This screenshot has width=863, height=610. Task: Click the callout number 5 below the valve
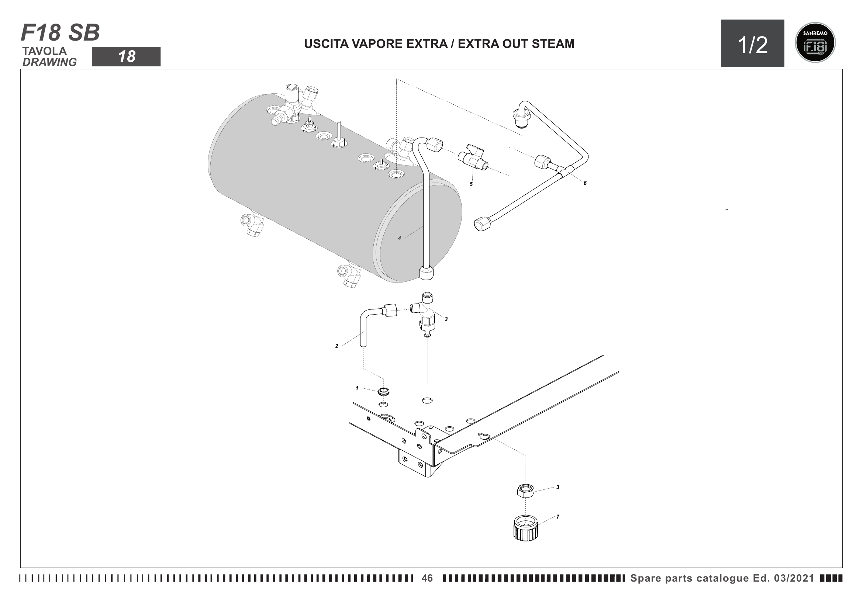pyautogui.click(x=471, y=184)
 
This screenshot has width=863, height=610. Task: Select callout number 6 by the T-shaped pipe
pyautogui.click(x=585, y=183)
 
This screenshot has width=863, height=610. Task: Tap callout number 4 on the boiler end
pyautogui.click(x=400, y=238)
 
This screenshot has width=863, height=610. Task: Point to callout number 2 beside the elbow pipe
pyautogui.click(x=336, y=346)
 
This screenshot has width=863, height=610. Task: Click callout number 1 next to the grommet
pyautogui.click(x=357, y=388)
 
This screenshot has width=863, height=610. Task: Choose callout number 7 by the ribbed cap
pyautogui.click(x=558, y=517)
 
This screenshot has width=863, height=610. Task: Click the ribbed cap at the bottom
pyautogui.click(x=525, y=528)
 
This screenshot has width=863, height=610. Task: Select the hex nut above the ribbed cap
pyautogui.click(x=525, y=491)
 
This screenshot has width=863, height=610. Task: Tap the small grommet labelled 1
pyautogui.click(x=383, y=392)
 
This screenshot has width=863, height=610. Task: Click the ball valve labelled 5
pyautogui.click(x=473, y=158)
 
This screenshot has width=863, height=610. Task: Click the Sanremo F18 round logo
pyautogui.click(x=815, y=42)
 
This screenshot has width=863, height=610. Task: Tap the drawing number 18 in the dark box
pyautogui.click(x=127, y=57)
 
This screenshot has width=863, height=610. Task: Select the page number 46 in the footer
pyautogui.click(x=427, y=578)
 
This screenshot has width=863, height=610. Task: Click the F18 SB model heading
pyautogui.click(x=60, y=33)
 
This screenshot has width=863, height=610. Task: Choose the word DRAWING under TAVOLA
pyautogui.click(x=49, y=62)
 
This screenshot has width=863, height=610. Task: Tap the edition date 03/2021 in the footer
pyautogui.click(x=794, y=578)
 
